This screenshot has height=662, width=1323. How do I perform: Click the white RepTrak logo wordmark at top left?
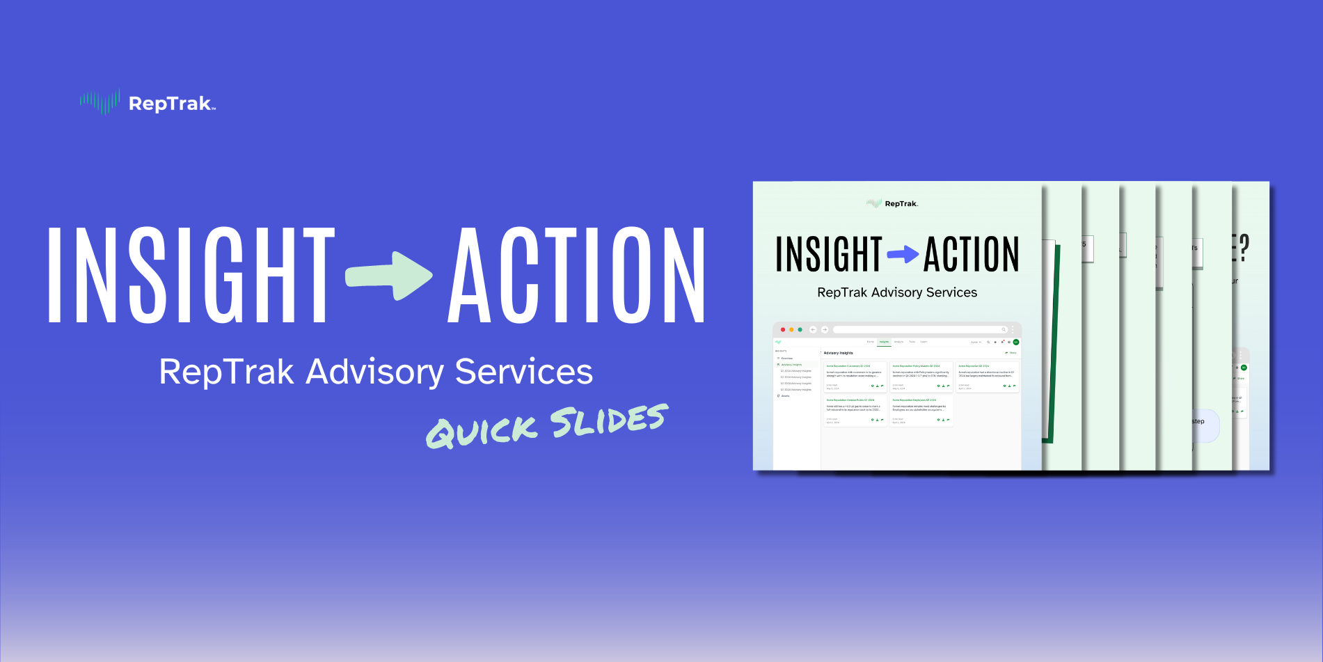pyautogui.click(x=171, y=104)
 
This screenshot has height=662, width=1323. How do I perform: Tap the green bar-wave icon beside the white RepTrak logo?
pyautogui.click(x=100, y=102)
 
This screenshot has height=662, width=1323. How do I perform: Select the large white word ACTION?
pyautogui.click(x=577, y=275)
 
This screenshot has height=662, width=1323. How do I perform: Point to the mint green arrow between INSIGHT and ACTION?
pyautogui.click(x=389, y=276)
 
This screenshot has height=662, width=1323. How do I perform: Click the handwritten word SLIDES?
pyautogui.click(x=608, y=420)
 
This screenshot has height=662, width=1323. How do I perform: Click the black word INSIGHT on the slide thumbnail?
pyautogui.click(x=829, y=254)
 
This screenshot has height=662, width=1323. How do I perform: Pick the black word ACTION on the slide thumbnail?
pyautogui.click(x=972, y=254)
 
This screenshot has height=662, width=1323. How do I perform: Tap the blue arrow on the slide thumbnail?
pyautogui.click(x=903, y=254)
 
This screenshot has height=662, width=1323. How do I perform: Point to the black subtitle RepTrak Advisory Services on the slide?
pyautogui.click(x=897, y=292)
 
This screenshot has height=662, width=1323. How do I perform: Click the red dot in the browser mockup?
pyautogui.click(x=783, y=329)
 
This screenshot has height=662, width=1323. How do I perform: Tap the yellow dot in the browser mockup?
pyautogui.click(x=791, y=329)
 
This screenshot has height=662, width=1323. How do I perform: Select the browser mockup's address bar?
pyautogui.click(x=919, y=329)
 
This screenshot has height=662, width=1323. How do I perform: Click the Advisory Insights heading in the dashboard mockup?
pyautogui.click(x=838, y=353)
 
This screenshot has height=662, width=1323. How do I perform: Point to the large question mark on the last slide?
pyautogui.click(x=1244, y=249)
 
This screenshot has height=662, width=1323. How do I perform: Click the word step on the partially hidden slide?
pyautogui.click(x=1198, y=421)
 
